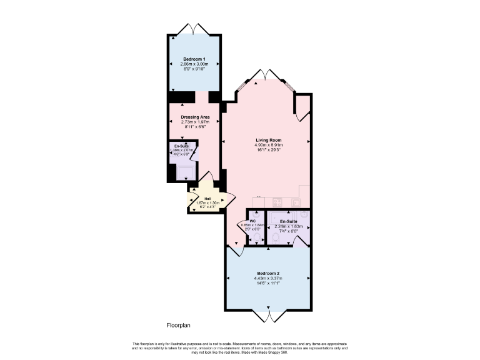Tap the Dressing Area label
195,117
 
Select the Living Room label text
268,140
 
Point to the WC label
252,221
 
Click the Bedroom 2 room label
267,273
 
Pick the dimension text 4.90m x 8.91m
268,145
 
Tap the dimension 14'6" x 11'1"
267,283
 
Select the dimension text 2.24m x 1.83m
288,226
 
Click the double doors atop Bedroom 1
193,29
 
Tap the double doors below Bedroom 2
268,316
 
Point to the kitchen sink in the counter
295,202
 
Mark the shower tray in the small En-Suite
185,172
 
